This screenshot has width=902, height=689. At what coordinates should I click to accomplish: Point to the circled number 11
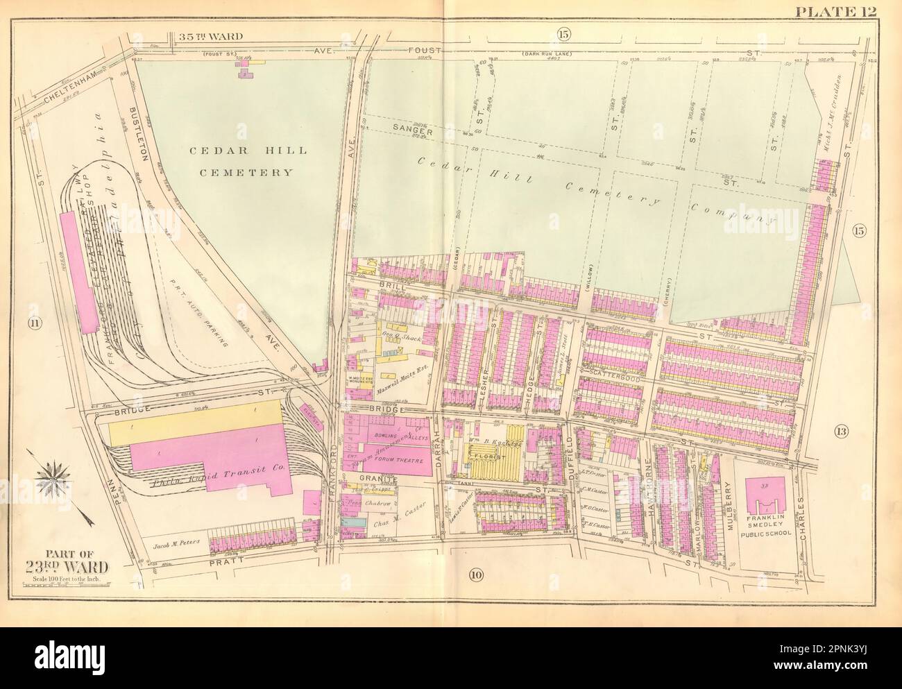(x=31, y=323)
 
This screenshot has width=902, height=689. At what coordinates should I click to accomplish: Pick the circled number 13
(x=842, y=432)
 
